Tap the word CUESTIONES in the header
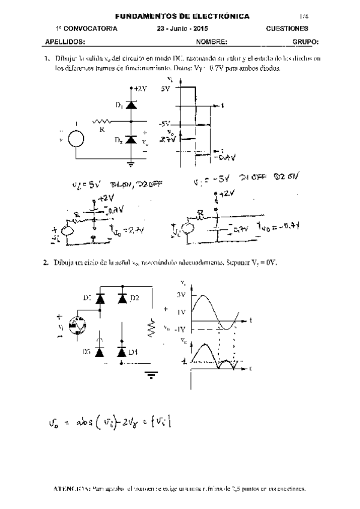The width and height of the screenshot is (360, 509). point(287,28)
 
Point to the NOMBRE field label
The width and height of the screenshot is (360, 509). point(211,43)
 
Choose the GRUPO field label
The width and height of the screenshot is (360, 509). point(305,43)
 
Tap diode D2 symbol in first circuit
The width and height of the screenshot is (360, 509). point(129,140)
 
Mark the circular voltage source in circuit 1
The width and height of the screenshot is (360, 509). point(76,139)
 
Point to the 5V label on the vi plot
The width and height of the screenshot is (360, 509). point(166,88)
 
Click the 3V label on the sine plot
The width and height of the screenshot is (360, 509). point(181,295)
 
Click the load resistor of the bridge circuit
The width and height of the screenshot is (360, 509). point(152,328)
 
